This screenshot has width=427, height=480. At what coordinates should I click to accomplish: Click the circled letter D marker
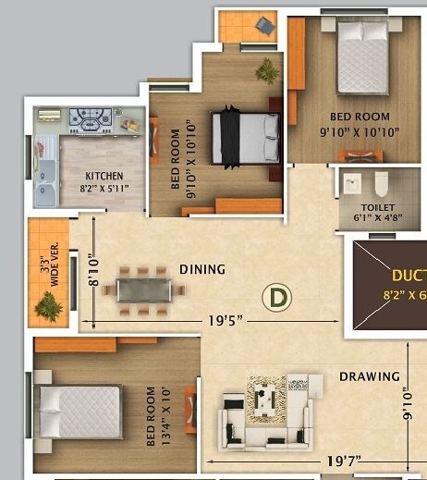click(x=274, y=298)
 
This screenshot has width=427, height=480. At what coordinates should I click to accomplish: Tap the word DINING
click(x=202, y=270)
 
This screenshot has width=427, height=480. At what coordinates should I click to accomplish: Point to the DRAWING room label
click(x=370, y=376)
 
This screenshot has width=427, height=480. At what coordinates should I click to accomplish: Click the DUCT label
click(x=408, y=276)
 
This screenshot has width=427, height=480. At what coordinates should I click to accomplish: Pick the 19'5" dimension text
click(x=226, y=320)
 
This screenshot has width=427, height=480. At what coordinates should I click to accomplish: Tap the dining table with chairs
click(x=143, y=289)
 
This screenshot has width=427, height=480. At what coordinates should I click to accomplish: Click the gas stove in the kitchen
click(x=91, y=119)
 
